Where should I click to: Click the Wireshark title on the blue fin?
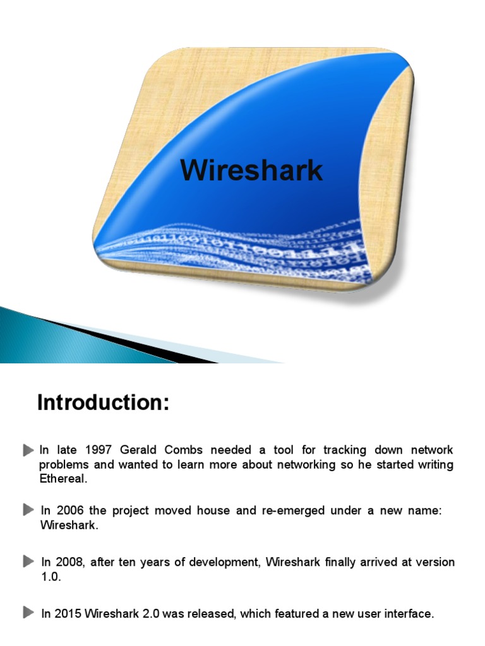[251, 170]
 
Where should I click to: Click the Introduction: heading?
[104, 402]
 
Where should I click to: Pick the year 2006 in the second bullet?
[69, 510]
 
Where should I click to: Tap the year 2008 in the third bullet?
[69, 562]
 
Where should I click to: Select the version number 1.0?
[51, 577]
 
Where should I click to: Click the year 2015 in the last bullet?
[69, 613]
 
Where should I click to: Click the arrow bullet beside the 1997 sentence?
[28, 450]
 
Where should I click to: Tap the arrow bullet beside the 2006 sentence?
[28, 510]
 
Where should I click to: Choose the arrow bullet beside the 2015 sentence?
[28, 613]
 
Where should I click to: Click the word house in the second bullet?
[215, 510]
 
